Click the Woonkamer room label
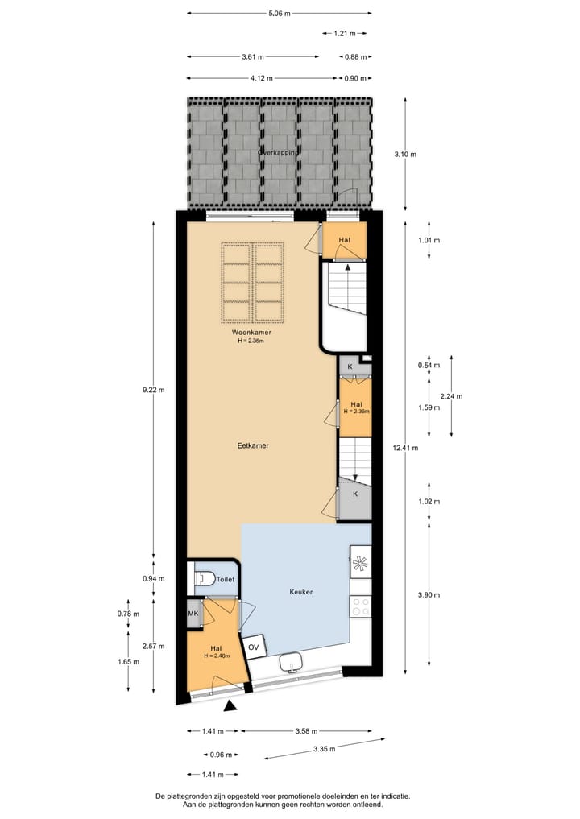[x=251, y=332]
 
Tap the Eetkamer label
[x=252, y=445]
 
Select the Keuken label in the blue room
[x=301, y=592]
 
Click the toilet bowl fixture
[x=204, y=578]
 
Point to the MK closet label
[x=193, y=614]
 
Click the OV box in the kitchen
[x=254, y=647]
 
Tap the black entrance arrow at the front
[x=231, y=706]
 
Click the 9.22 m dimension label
[x=153, y=391]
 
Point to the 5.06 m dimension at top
[x=279, y=14]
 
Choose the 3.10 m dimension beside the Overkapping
[x=404, y=154]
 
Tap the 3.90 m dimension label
[x=428, y=594]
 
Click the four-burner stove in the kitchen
[x=360, y=606]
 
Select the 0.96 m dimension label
[x=221, y=755]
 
